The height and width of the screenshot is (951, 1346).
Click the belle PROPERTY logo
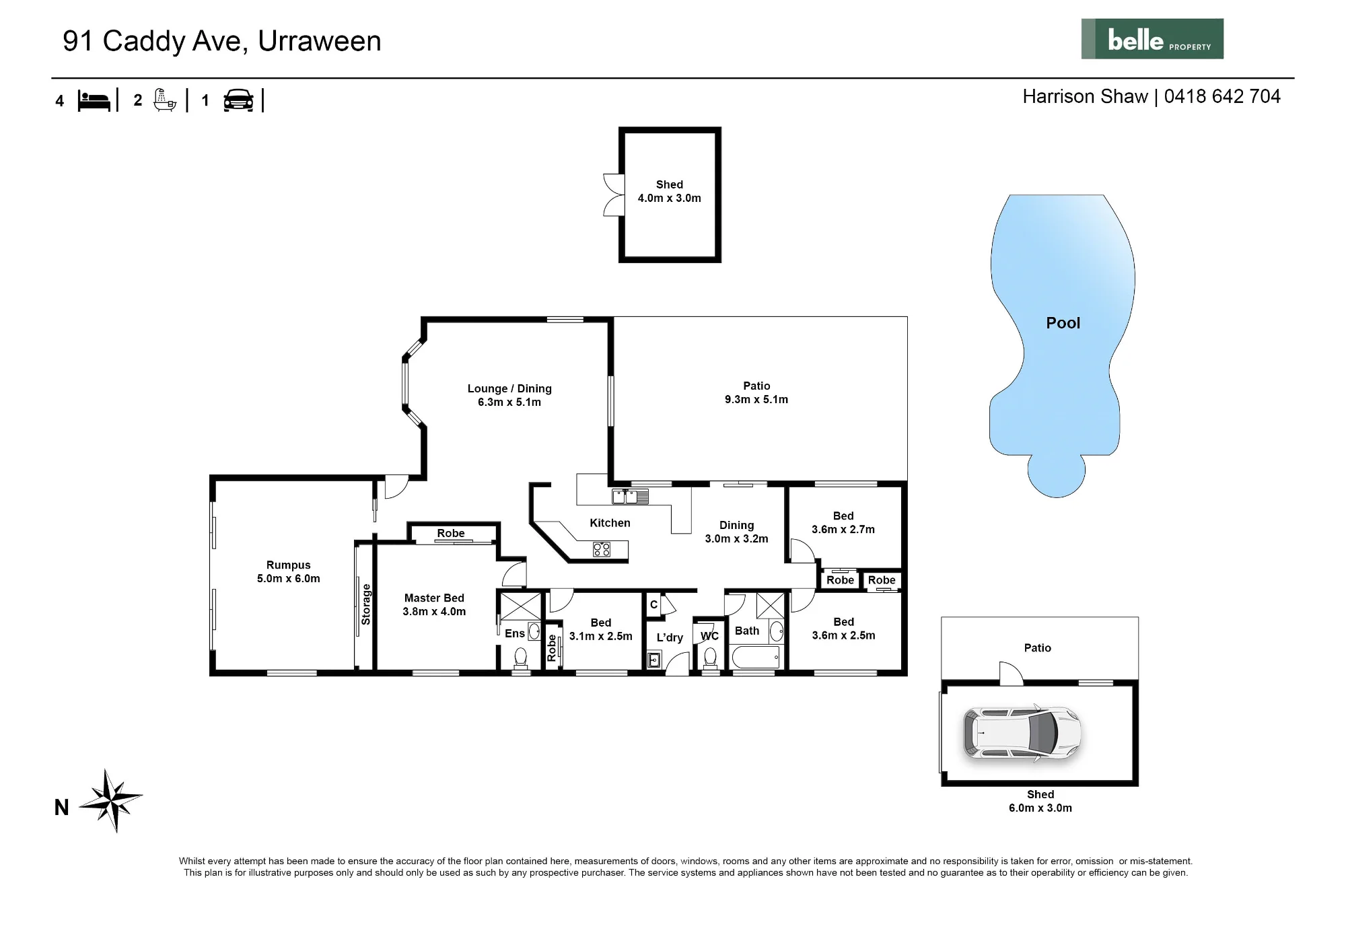coord(1152,39)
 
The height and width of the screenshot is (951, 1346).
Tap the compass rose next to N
coord(111,801)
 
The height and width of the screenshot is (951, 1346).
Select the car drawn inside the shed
coord(1022,733)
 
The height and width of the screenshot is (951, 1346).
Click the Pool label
coord(1063,323)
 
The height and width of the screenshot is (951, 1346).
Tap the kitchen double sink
coord(630,497)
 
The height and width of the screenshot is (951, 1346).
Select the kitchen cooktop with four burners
coord(602,549)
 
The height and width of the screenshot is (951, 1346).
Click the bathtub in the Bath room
coord(756,657)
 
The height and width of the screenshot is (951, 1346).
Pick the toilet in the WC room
coord(710,658)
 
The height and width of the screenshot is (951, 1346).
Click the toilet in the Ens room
coord(521,658)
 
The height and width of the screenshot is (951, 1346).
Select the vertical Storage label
coord(366,604)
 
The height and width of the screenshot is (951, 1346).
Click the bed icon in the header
coord(94,101)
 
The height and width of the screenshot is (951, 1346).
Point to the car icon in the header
coord(238,100)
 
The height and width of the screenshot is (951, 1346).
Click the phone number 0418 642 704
coord(1222,96)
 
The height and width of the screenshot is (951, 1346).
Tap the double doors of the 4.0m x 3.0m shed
coord(613,195)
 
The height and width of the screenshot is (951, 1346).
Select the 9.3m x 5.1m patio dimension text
coord(756,399)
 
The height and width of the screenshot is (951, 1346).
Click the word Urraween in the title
coord(320,41)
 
